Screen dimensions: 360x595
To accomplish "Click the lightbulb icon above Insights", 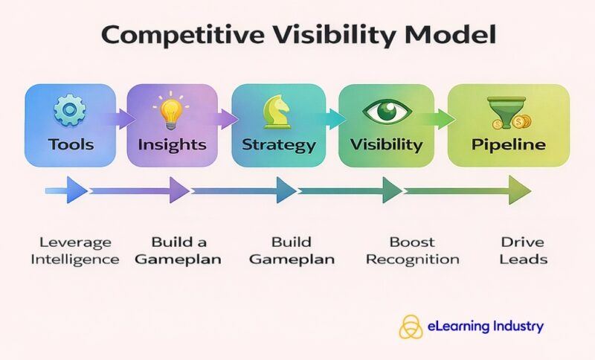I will click(173, 112).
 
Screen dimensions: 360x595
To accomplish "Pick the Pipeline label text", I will click(508, 144).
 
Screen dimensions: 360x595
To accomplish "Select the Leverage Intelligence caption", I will click(77, 251).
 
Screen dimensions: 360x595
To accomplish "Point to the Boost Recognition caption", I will click(413, 251).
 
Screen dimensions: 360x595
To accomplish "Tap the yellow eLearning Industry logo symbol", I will click(411, 326).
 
